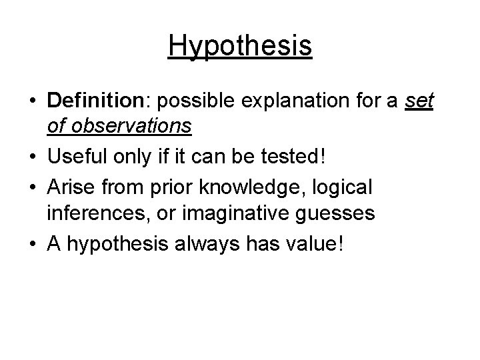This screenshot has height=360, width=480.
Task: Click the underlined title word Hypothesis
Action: (240, 46)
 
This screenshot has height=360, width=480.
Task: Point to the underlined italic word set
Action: (419, 101)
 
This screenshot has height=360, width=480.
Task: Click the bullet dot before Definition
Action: (33, 101)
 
